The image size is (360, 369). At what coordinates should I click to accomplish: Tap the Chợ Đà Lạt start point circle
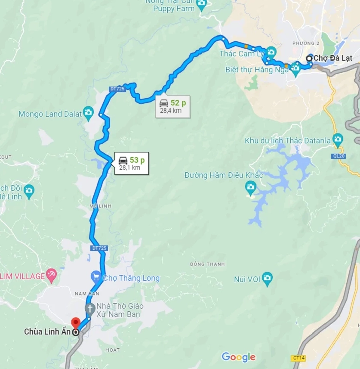(x=309, y=58)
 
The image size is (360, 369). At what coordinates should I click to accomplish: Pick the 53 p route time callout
(x=132, y=163)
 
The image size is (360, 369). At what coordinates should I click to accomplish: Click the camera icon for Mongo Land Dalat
(x=88, y=114)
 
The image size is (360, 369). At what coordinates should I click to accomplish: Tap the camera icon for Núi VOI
(x=267, y=279)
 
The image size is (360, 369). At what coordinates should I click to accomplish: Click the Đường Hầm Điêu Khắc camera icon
(x=250, y=187)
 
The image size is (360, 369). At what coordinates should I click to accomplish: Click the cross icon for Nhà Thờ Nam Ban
(x=90, y=309)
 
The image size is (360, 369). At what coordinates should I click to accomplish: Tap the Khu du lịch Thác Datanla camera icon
(x=338, y=140)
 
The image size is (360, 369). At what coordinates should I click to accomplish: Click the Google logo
(x=238, y=357)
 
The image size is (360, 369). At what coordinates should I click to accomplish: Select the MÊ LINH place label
(x=102, y=206)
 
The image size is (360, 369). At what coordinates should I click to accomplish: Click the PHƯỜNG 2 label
(x=306, y=43)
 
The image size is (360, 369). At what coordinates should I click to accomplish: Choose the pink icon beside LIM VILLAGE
(x=52, y=274)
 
